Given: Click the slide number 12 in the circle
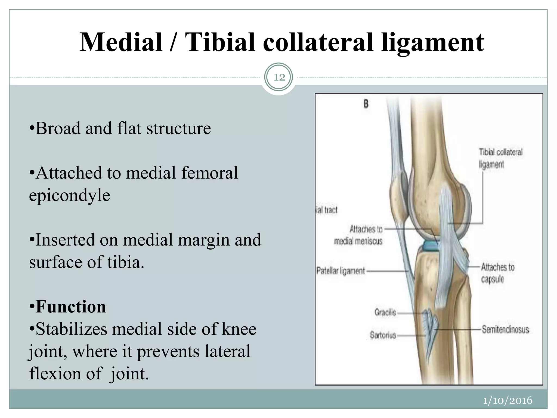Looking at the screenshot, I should point(279,78).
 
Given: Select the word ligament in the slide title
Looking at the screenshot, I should point(432,43).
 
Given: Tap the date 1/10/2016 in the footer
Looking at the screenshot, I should point(508,400).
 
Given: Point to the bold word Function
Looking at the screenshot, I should point(71,307).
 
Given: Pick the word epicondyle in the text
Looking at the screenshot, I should point(70,195).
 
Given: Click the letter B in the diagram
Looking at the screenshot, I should point(366,104).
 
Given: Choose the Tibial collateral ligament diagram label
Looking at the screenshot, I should point(500,158).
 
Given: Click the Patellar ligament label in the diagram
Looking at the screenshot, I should point(341,271).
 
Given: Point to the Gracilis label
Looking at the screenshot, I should point(385,312).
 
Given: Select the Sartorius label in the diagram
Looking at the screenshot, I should point(383,335).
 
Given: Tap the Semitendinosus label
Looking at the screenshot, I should point(505,330).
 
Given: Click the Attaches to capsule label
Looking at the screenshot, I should point(497,273).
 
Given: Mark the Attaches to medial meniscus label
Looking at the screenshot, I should point(358,235).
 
